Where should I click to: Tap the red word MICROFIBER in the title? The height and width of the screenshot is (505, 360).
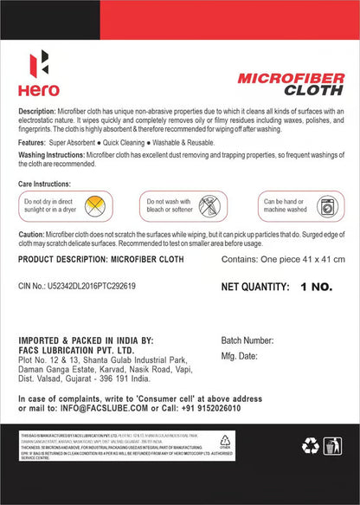click(x=278, y=78)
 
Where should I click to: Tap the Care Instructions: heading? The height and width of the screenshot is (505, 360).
click(x=45, y=185)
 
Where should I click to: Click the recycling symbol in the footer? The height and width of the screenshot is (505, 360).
click(x=310, y=444)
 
